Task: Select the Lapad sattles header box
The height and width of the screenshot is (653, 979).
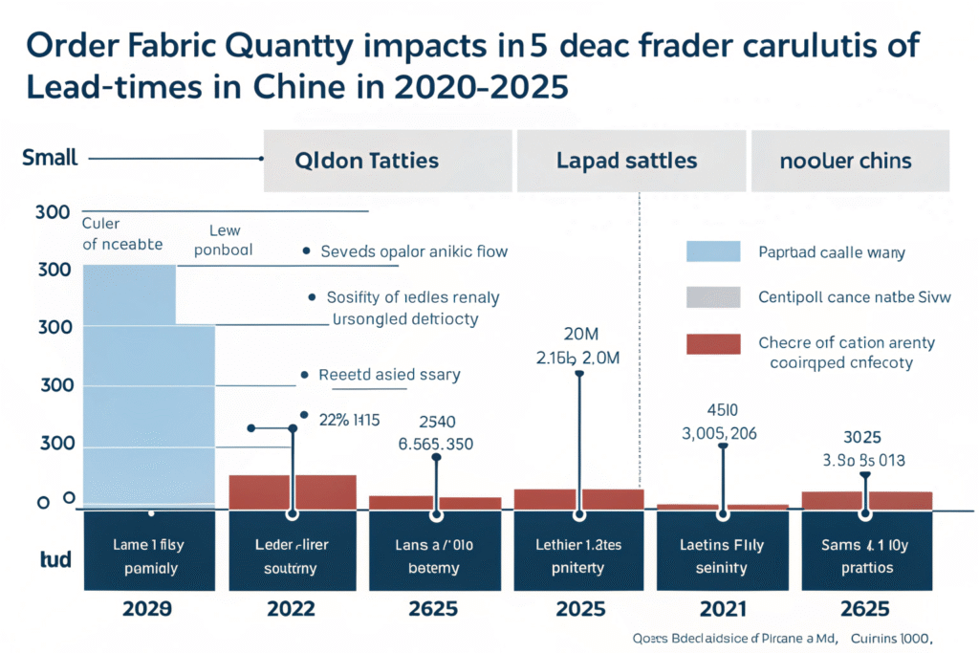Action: (627, 160)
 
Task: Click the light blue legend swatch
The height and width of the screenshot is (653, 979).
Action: (713, 250)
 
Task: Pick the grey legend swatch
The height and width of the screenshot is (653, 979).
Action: (713, 297)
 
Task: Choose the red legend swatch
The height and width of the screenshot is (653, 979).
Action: (713, 344)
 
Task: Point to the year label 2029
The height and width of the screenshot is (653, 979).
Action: (148, 608)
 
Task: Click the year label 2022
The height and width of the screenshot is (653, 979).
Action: (293, 608)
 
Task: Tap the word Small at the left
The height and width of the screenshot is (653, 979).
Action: (50, 158)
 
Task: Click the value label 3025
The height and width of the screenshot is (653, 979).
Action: (864, 437)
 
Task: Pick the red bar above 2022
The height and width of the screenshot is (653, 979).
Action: (293, 491)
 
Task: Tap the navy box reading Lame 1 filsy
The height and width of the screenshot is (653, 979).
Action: (148, 556)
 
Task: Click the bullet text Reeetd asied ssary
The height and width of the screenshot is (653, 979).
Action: (389, 375)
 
